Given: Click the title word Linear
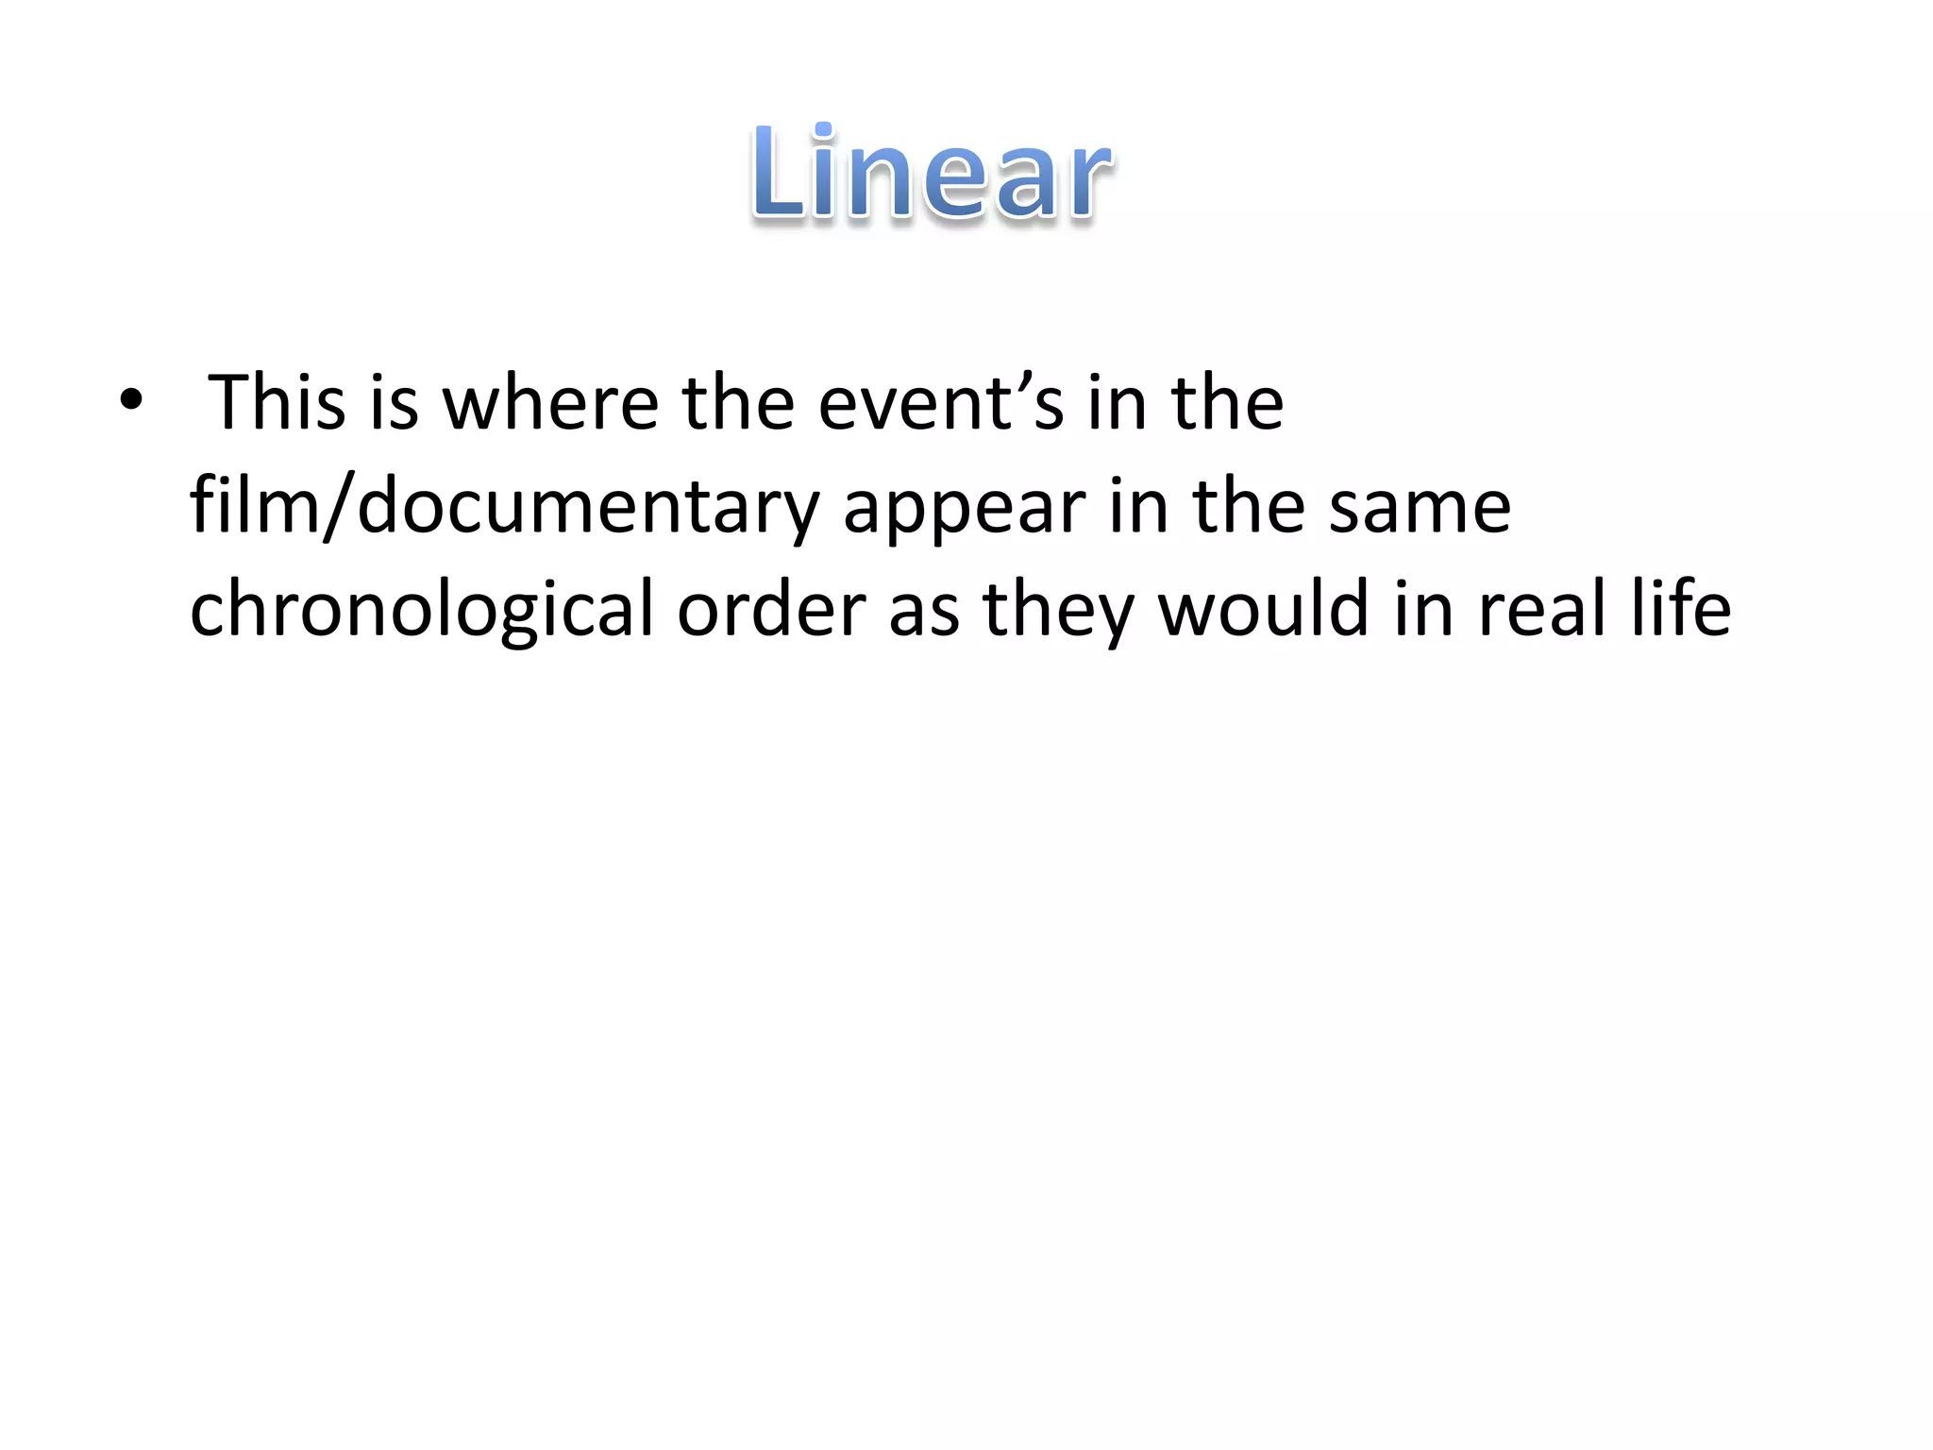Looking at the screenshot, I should click(x=933, y=174).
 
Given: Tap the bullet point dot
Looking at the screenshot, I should click(x=131, y=401).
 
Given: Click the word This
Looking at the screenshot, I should click(x=277, y=403).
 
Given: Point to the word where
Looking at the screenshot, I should click(x=550, y=403).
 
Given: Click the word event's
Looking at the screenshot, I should click(x=941, y=403).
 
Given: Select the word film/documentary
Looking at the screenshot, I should click(x=504, y=508).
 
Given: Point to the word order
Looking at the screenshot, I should click(x=771, y=609).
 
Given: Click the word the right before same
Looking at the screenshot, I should click(x=1249, y=507).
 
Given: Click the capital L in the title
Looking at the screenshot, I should click(x=780, y=176).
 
